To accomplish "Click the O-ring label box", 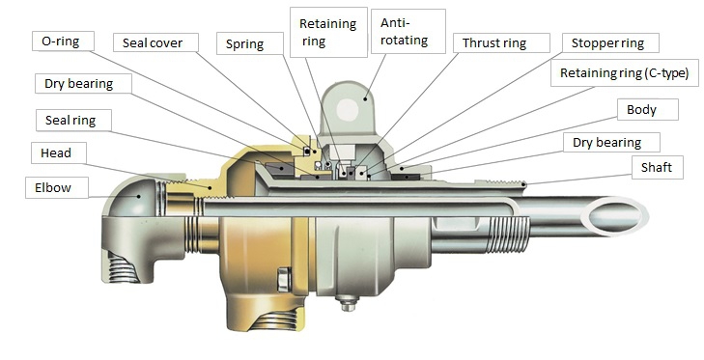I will [64, 42].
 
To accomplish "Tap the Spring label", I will [246, 43].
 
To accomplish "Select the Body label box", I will [640, 109].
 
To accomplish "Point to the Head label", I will [57, 152].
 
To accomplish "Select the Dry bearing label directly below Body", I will [607, 143].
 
